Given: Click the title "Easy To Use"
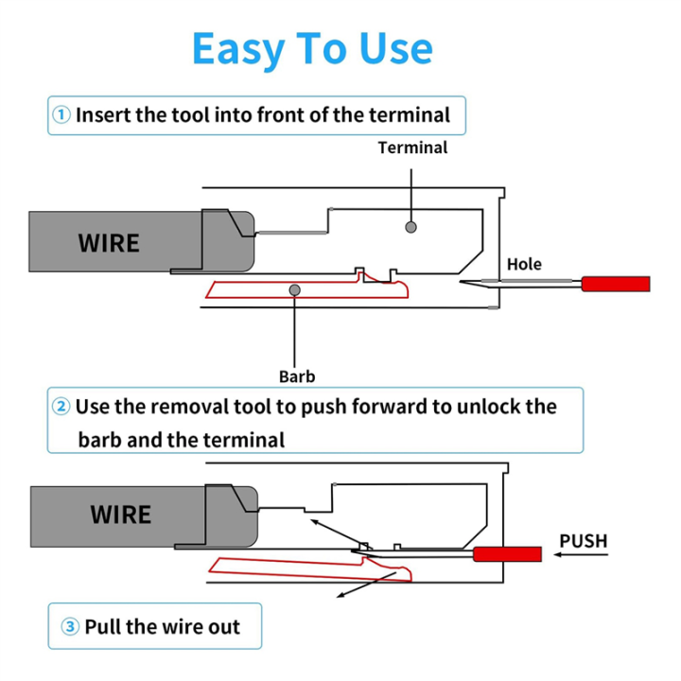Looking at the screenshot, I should click(x=312, y=48).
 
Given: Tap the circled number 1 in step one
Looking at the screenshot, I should click(x=61, y=115).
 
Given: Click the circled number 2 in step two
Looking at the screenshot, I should click(x=61, y=407).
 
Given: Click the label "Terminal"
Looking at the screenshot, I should click(x=412, y=148).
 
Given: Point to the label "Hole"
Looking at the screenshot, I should click(x=524, y=264).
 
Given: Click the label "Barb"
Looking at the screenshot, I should click(x=296, y=376).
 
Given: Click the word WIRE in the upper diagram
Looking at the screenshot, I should click(x=108, y=243).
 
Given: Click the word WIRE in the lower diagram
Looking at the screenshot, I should click(x=120, y=515).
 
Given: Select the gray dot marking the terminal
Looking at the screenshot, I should click(x=410, y=227).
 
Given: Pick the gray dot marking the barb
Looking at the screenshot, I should click(x=295, y=289).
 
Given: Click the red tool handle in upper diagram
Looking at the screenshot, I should click(x=616, y=284).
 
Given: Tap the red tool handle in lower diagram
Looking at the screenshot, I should click(x=507, y=554).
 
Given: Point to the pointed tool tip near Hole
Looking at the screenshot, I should click(x=473, y=284).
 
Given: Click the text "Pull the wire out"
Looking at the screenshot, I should click(x=162, y=626).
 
